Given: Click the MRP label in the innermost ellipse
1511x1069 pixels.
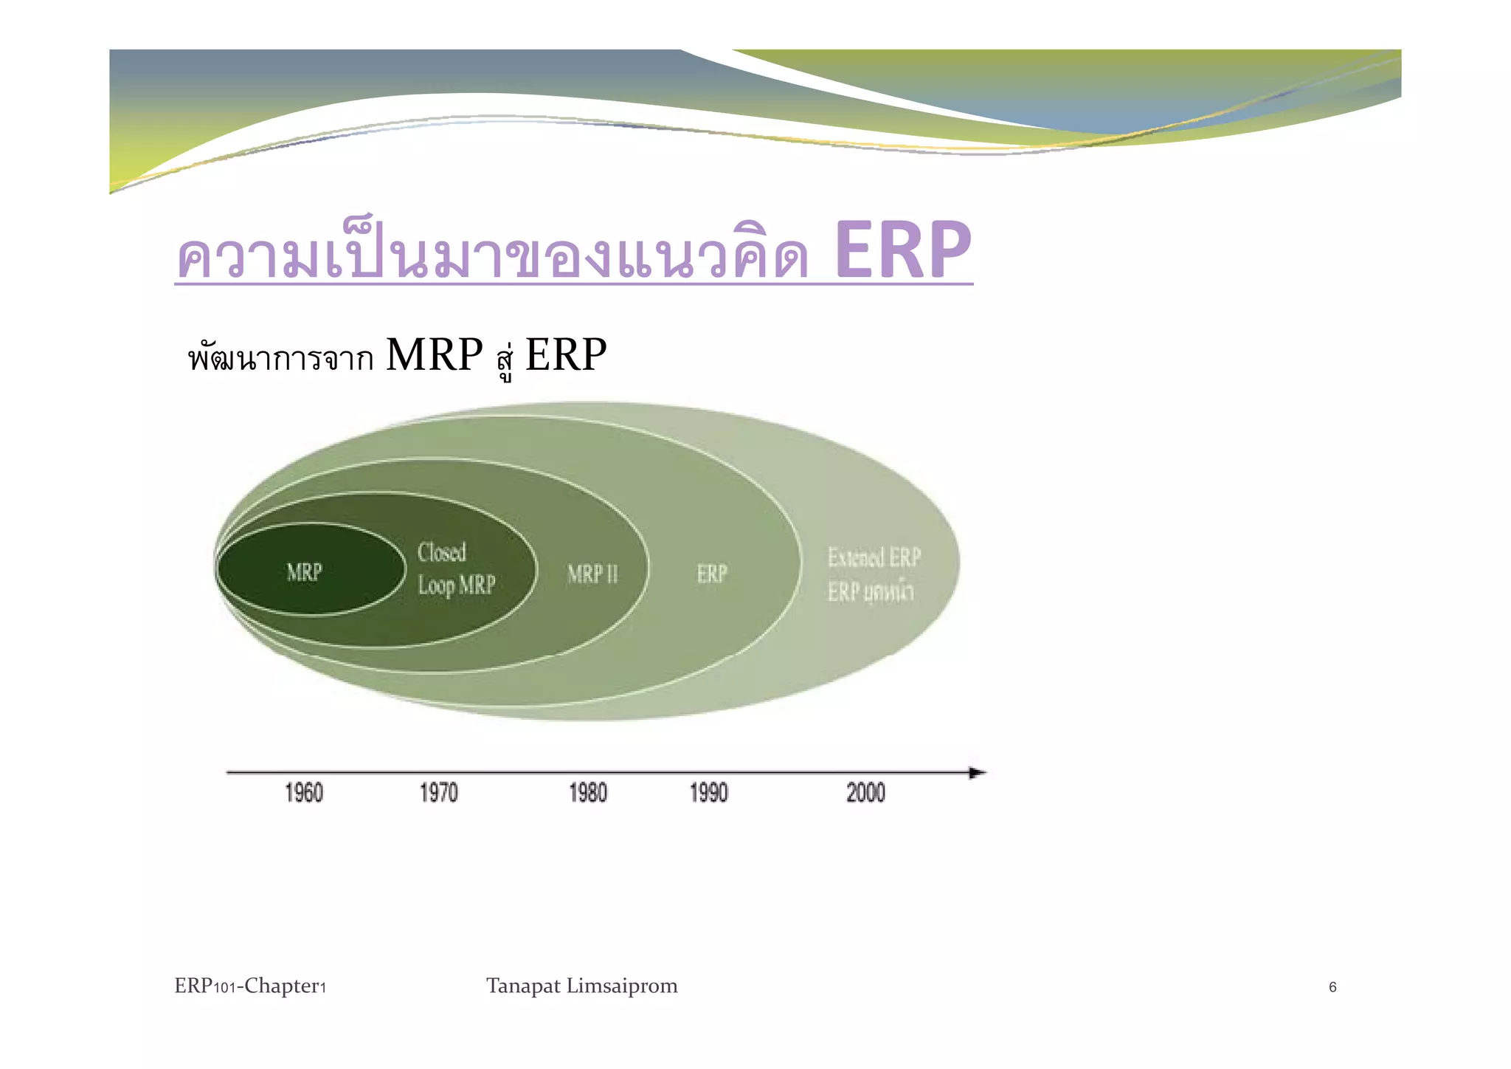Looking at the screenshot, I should click(304, 572).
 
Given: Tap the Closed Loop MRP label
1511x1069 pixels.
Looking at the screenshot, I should click(456, 569).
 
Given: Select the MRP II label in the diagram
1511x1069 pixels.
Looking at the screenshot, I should click(592, 574).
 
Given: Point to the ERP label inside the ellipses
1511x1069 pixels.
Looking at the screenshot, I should click(712, 574).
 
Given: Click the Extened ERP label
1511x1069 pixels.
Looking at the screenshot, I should click(874, 557).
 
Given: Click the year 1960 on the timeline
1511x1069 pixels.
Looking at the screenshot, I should click(304, 793).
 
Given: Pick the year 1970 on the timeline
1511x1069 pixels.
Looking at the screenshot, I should click(439, 793).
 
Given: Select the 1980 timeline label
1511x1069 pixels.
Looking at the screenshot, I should click(588, 793).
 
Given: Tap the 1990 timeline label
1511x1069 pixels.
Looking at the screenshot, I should click(709, 793).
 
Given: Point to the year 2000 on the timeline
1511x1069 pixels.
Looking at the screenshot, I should click(865, 793).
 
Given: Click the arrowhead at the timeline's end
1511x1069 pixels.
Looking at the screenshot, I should click(977, 773).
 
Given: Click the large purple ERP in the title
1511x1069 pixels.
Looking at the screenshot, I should click(903, 251).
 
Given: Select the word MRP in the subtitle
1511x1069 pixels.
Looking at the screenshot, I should click(434, 354).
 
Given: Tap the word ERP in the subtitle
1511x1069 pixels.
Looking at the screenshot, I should click(566, 354).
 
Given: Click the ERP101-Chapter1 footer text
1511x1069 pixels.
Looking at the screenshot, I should click(250, 986).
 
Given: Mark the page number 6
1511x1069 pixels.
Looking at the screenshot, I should click(1332, 988).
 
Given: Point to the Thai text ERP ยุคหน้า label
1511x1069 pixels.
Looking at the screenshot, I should click(871, 592).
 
